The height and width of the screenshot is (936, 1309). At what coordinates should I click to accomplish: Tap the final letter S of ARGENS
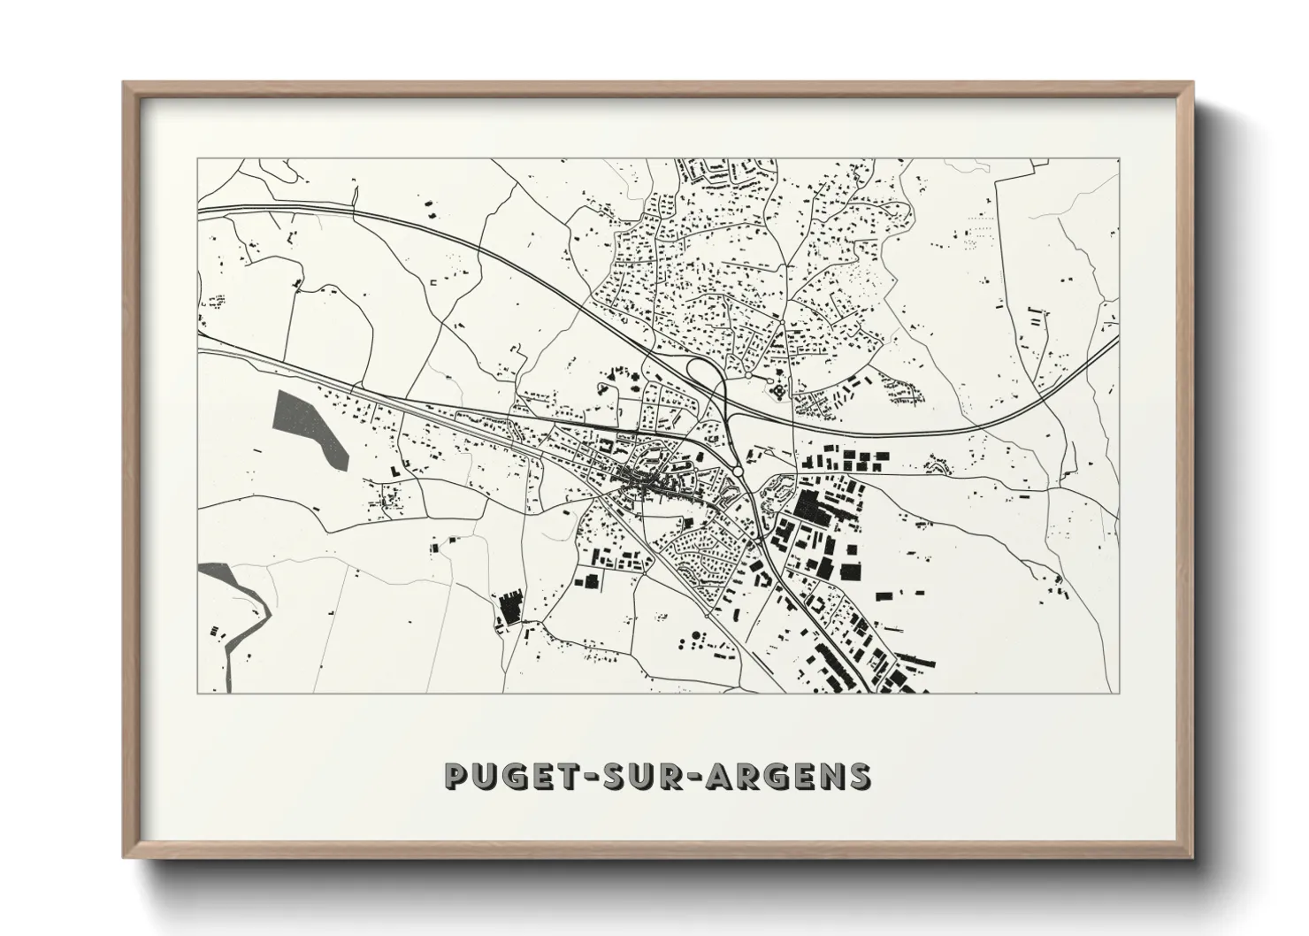pyautogui.click(x=859, y=776)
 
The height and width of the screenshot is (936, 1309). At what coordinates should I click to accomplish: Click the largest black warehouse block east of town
pyautogui.click(x=811, y=505)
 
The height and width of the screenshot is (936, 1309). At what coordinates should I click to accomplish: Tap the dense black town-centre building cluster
pyautogui.click(x=647, y=481)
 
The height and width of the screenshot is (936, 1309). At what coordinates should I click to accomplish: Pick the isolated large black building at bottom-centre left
pyautogui.click(x=510, y=610)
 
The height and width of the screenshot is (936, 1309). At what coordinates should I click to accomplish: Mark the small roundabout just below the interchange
pyautogui.click(x=736, y=448)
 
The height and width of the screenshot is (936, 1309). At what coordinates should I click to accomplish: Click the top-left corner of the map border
pyautogui.click(x=197, y=159)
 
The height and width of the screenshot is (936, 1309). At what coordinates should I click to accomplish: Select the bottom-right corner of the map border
pyautogui.click(x=1120, y=693)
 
